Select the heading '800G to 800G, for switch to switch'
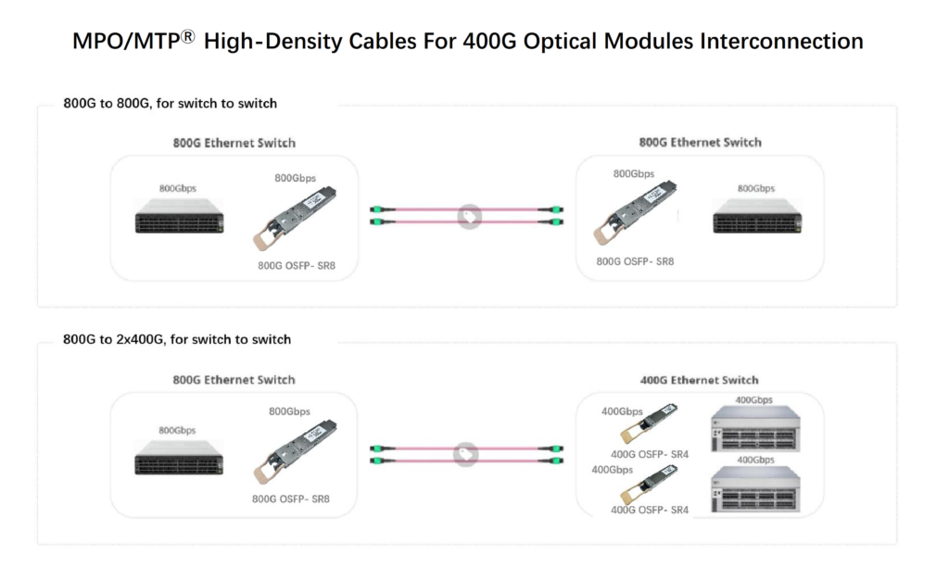pos(170,103)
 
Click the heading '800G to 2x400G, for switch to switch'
pos(177,339)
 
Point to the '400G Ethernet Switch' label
pos(700,380)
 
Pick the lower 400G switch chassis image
pos(753,488)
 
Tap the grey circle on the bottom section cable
pos(465,455)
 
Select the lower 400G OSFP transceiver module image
pos(649,485)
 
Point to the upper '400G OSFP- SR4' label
pos(650,454)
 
